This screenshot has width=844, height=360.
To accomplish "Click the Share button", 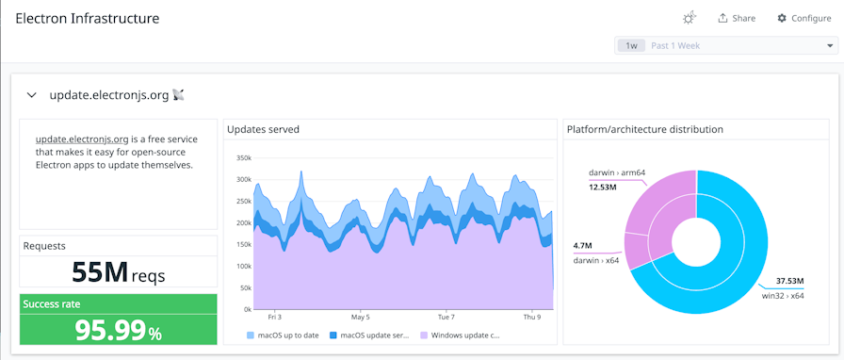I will [x=736, y=18].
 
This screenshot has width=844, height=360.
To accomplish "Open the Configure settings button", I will [x=803, y=18].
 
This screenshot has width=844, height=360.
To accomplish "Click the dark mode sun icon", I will [x=690, y=18].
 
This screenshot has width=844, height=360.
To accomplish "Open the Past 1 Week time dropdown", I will [x=725, y=45].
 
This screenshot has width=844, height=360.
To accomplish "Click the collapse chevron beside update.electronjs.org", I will [x=31, y=95].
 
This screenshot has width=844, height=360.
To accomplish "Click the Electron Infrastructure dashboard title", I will [x=87, y=18].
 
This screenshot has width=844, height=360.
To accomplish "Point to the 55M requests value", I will [x=100, y=272].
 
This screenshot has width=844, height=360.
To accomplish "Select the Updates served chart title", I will [x=264, y=129].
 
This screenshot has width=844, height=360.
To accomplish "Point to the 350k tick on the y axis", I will [x=243, y=158].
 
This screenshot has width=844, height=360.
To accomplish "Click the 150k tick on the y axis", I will [x=243, y=244].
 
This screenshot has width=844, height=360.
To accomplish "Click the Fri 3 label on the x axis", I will [x=274, y=317].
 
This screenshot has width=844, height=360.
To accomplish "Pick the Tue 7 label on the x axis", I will [x=446, y=317].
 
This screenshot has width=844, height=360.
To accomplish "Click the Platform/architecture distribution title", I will [x=644, y=129].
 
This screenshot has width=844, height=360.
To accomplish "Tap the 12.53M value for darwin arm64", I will [x=602, y=187].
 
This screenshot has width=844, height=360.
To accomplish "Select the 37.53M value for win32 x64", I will [x=789, y=281].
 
